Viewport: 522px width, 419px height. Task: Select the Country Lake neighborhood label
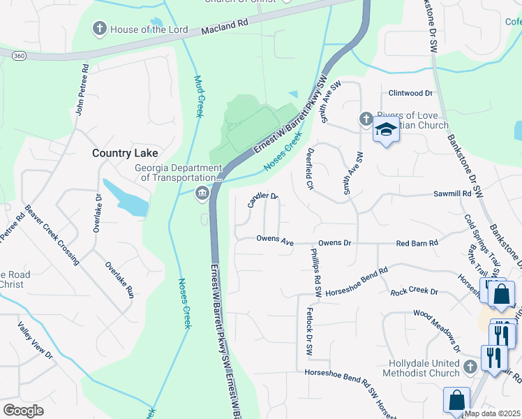coord(126,153)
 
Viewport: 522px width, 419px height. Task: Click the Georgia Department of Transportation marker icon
coord(202,193)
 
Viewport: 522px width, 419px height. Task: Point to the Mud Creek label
coord(198,96)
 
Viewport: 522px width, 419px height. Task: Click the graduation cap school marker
coord(385,130)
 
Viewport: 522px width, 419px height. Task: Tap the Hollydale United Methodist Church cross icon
coord(470,367)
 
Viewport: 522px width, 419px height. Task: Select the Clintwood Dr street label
coord(410,93)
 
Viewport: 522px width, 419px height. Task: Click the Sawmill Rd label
coord(452,193)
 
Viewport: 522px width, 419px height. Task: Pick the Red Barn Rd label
coord(417,243)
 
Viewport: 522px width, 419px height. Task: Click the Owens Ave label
coord(274,240)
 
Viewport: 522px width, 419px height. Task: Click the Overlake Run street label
coord(119,279)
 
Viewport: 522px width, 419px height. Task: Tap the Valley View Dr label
coord(36,340)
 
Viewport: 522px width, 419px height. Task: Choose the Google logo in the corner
coord(24,410)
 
